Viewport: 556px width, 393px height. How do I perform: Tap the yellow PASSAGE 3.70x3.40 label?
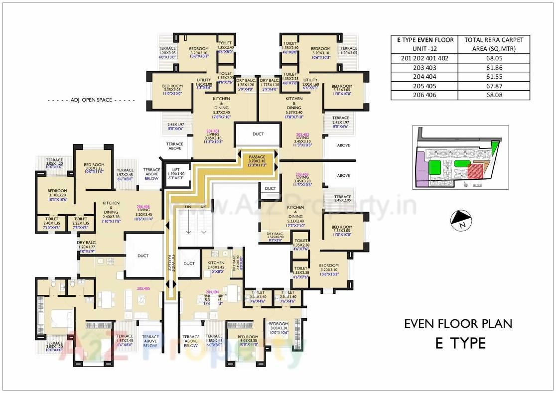click(x=257, y=161)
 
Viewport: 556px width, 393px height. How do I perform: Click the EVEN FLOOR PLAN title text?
click(x=457, y=323)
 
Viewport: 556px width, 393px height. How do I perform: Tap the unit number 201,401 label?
click(x=213, y=132)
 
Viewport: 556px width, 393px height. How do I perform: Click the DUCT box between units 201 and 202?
click(x=258, y=134)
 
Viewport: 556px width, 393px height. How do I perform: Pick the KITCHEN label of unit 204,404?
click(x=216, y=262)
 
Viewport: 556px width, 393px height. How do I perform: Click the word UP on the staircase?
click(x=203, y=206)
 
